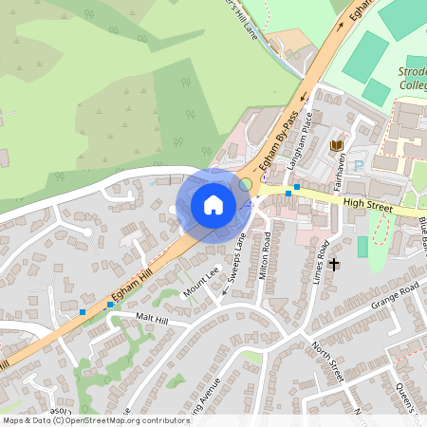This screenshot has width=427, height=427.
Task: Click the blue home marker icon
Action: point(213,204)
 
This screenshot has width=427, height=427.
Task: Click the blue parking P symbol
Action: point(359,166)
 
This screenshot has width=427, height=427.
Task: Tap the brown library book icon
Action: point(335,144)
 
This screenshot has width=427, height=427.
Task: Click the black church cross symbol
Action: point(334,264)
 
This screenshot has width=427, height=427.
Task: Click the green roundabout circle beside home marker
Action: point(246,182)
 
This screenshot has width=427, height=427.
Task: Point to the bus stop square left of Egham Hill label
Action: point(84,311)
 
